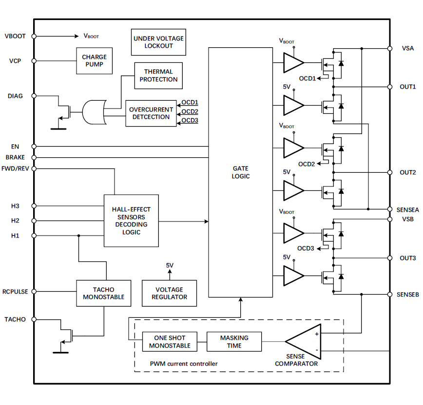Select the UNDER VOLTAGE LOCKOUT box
[158, 42]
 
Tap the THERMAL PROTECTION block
[158, 75]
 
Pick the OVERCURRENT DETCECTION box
[151, 113]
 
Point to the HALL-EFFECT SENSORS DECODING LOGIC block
[131, 221]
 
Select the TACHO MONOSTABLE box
[103, 293]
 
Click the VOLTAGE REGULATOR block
[169, 293]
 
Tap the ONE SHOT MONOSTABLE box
[170, 342]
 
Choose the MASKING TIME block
[234, 342]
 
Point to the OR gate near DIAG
[94, 112]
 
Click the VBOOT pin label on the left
[15, 36]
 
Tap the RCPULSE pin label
[16, 292]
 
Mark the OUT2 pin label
[407, 172]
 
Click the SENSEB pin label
[407, 295]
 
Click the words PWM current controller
[184, 364]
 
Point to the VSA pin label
[408, 48]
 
